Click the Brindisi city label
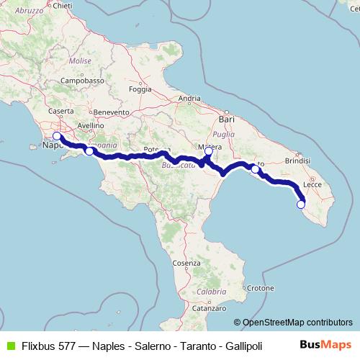(x=297, y=161)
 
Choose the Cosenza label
(x=186, y=264)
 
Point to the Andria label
(x=189, y=99)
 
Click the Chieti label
(x=63, y=6)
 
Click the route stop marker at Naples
(x=57, y=135)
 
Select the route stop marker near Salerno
(x=89, y=151)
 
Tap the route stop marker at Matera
(x=209, y=151)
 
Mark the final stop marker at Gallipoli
(x=301, y=204)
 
